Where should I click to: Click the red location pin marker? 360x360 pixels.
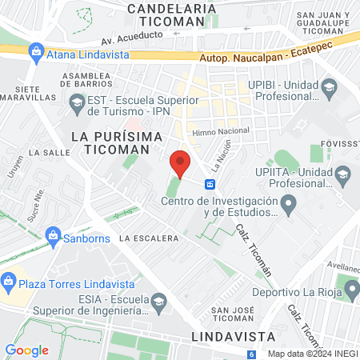click(x=181, y=163)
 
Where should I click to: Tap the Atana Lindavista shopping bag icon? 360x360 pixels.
click(x=36, y=53)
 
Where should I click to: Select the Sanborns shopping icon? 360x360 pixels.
click(x=54, y=236)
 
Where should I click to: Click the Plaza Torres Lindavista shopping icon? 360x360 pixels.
click(x=10, y=282)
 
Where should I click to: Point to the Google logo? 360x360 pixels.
click(x=26, y=350)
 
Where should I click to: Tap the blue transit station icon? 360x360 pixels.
click(x=210, y=184)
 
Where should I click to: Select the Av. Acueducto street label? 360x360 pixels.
click(x=130, y=38)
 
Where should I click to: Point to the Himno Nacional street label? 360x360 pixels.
click(x=221, y=130)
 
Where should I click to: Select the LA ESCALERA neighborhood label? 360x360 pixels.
click(x=148, y=238)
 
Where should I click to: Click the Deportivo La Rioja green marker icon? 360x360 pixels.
click(x=350, y=286)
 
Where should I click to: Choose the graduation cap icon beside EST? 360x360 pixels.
click(x=78, y=102)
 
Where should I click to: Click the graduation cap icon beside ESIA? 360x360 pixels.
click(x=158, y=301)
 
